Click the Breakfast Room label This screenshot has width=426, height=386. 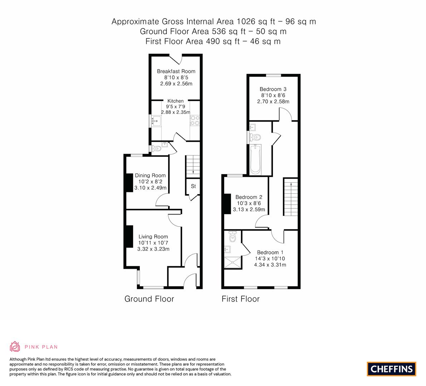tap(176, 71)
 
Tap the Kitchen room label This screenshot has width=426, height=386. tap(175, 101)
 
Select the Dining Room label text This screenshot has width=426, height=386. tap(150, 175)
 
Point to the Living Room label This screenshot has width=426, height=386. tap(153, 237)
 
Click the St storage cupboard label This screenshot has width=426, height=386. tap(193, 186)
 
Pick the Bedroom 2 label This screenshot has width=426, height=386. tap(249, 197)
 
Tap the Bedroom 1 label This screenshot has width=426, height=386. tap(270, 252)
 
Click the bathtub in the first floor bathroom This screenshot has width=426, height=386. tap(255, 159)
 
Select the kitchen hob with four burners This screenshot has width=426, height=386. tap(195, 120)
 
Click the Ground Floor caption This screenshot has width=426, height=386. tap(149, 299)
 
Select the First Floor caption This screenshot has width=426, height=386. tap(240, 299)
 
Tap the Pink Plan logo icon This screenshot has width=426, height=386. tap(15, 346)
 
